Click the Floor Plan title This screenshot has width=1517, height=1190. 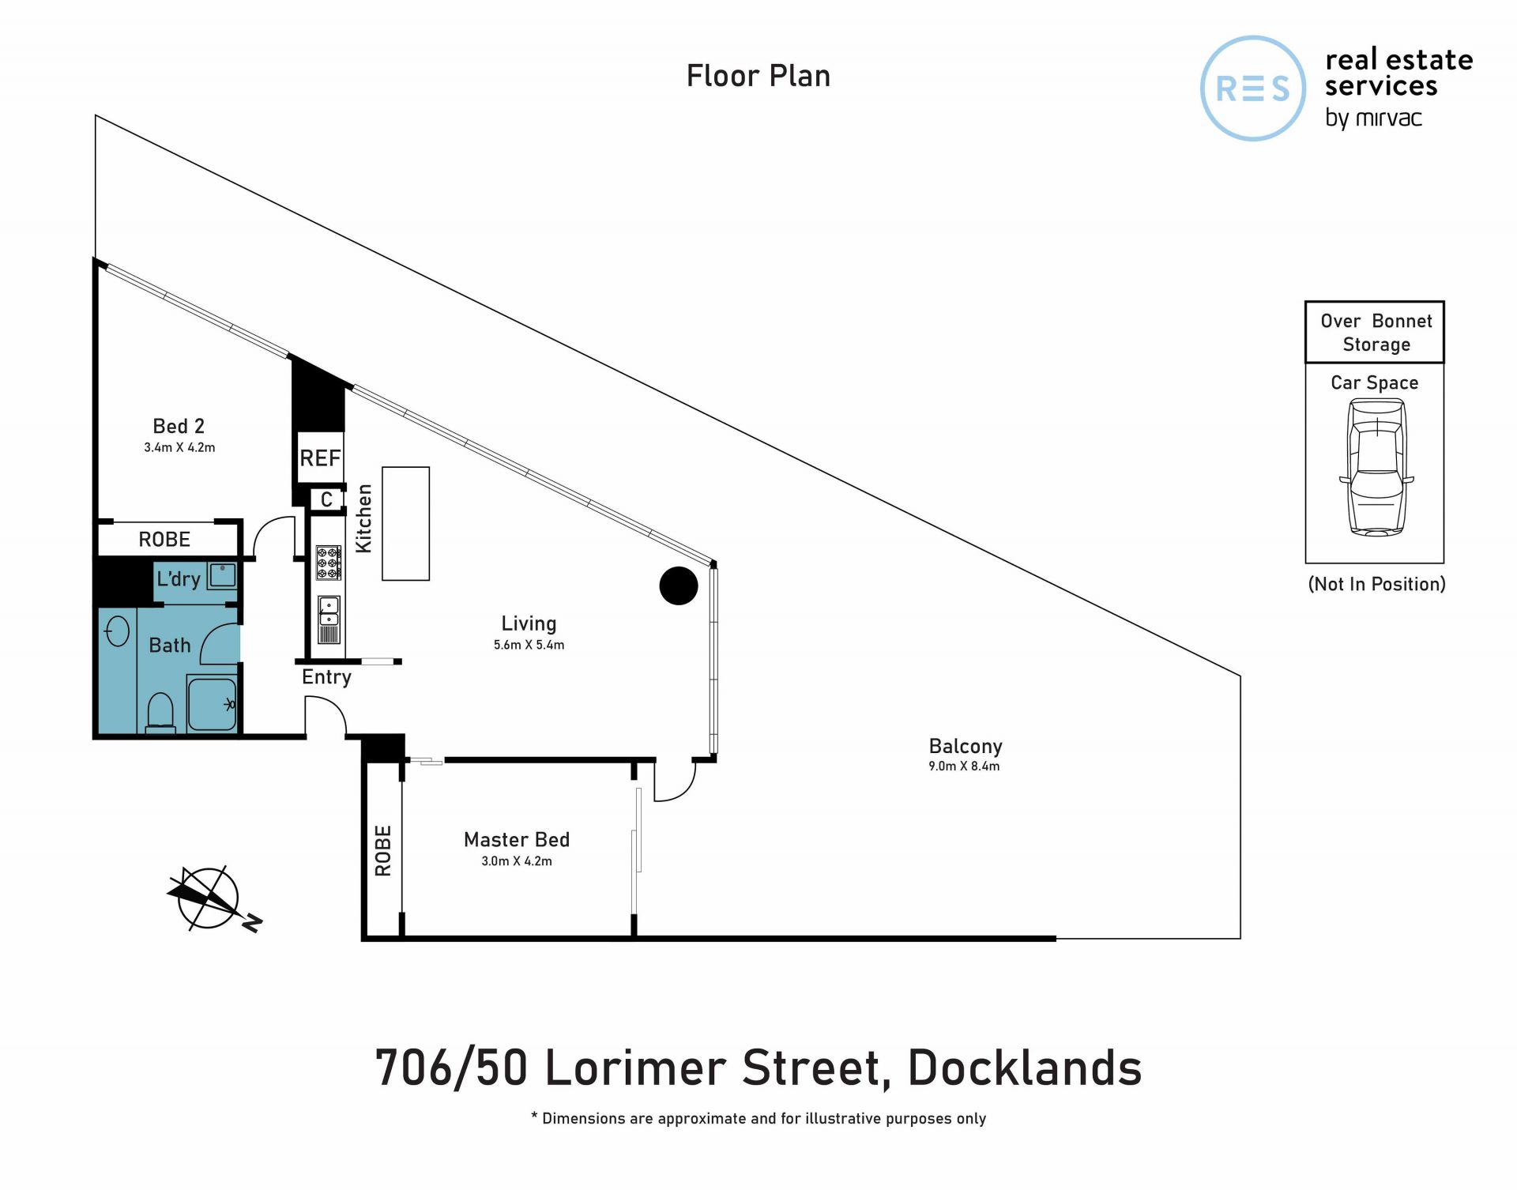pos(758,76)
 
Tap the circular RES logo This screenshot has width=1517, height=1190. pos(1252,88)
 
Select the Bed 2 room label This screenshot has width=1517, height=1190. pos(179,426)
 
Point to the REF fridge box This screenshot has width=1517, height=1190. pos(320,458)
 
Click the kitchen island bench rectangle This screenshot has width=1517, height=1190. pos(405,524)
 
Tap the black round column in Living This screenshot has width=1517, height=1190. pos(679,586)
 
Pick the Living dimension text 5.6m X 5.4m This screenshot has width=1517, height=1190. pos(529,645)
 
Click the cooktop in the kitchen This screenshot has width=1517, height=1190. pos(329,563)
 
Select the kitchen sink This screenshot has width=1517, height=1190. pos(329,619)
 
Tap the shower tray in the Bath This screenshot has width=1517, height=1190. pos(212,703)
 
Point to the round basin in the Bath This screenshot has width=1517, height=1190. pos(117,631)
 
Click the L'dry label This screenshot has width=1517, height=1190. pos(179,578)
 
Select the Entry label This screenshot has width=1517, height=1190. pos(326,677)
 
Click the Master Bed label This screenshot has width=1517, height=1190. pos(517,839)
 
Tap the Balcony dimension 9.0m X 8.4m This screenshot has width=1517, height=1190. pos(964,766)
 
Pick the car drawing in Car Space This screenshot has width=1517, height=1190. pos(1376,468)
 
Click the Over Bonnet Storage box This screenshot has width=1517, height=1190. pos(1374,332)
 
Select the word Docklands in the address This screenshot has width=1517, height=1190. pos(1025,1068)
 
